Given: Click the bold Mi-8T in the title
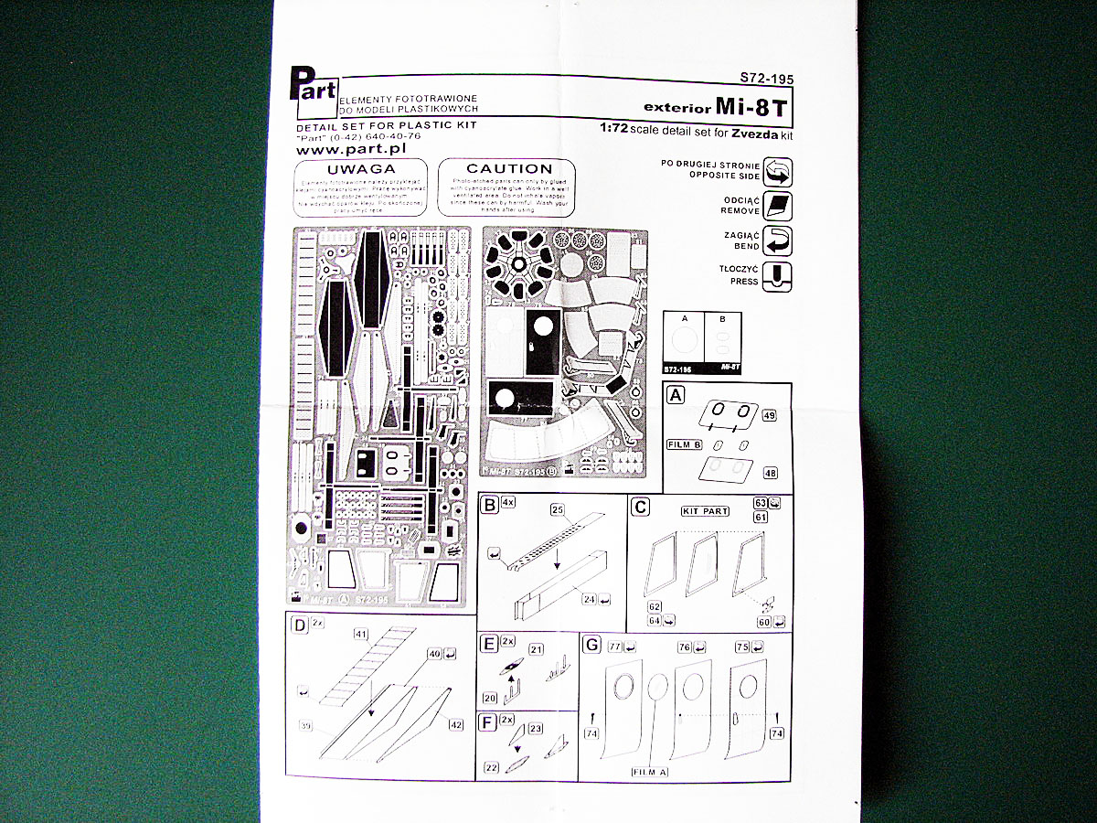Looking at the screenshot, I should [x=752, y=106].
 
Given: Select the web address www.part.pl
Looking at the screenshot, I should [x=351, y=147].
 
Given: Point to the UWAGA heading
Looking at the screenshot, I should [x=361, y=169].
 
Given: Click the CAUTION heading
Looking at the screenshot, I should [x=509, y=169].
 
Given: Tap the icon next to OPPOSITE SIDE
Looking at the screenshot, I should [x=776, y=171].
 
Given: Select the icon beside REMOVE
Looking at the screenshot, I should [x=776, y=207].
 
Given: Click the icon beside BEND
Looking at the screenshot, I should [x=776, y=241].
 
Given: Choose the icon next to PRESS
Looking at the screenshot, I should [x=776, y=276].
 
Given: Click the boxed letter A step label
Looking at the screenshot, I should [x=676, y=395].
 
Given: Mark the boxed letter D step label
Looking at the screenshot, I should [x=299, y=625].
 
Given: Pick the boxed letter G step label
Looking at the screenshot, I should [x=592, y=646].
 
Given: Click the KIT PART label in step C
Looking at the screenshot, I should [x=705, y=511].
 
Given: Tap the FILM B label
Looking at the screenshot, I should [x=684, y=444].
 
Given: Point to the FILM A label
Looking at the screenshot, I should [x=650, y=772].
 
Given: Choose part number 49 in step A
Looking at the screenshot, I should [x=769, y=416].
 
